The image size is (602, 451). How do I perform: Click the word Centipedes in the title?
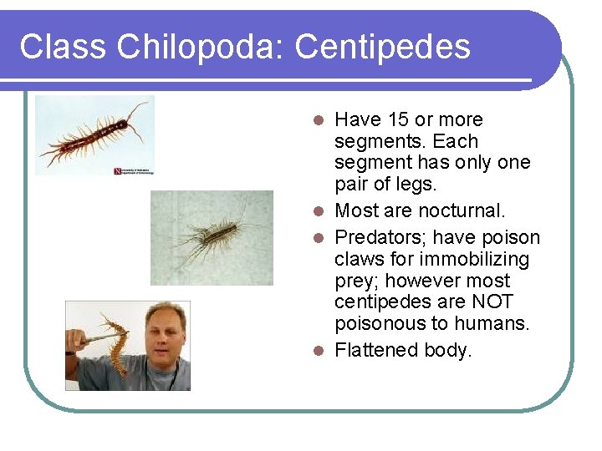coord(383,47)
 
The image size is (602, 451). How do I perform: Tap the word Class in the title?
coord(64,47)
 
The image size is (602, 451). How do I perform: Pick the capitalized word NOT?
coord(493,302)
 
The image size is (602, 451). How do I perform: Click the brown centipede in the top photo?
coord(92,135)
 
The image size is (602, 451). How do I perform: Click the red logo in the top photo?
coord(118,170)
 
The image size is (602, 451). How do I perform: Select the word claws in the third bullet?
coord(359,259)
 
